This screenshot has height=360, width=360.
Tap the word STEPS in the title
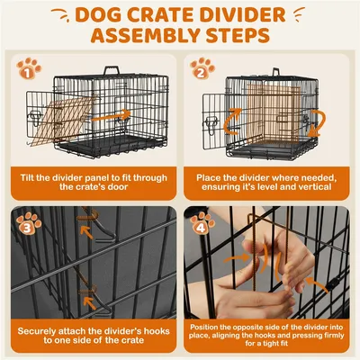pyautogui.click(x=237, y=38)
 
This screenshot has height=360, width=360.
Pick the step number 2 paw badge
pyautogui.click(x=202, y=67)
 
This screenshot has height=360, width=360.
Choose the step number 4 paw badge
pyautogui.click(x=201, y=221)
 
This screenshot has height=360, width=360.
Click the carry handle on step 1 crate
pyautogui.click(x=111, y=72)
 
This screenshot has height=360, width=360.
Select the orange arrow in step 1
pyautogui.click(x=112, y=116)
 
